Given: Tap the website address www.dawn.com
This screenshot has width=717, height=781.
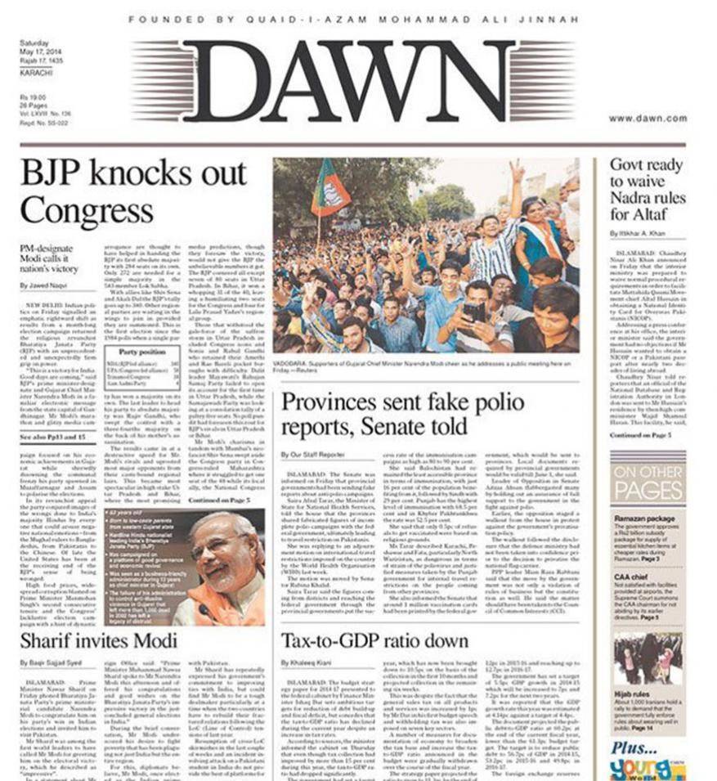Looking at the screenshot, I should point(648,119).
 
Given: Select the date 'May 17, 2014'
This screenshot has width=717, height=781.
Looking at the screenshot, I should point(40,51).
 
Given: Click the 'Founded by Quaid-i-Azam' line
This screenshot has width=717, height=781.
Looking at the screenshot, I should point(353,19).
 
